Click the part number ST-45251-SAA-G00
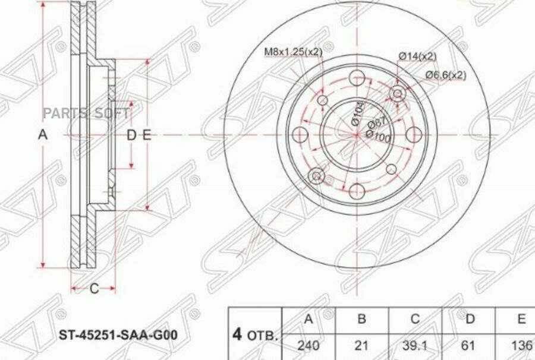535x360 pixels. pyautogui.click(x=117, y=336)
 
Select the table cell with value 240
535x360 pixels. pyautogui.click(x=308, y=345)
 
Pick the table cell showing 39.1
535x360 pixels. pyautogui.click(x=416, y=345)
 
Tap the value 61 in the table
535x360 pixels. pyautogui.click(x=470, y=345)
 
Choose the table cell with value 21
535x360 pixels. pyautogui.click(x=361, y=345)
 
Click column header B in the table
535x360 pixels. pyautogui.click(x=361, y=320)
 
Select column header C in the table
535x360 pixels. pyautogui.click(x=416, y=320)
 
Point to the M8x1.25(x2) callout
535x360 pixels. pyautogui.click(x=293, y=52)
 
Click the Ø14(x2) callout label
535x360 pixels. pyautogui.click(x=417, y=56)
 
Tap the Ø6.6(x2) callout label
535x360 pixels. pyautogui.click(x=446, y=75)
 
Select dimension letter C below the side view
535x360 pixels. pyautogui.click(x=93, y=289)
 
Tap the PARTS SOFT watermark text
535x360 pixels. pyautogui.click(x=99, y=113)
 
